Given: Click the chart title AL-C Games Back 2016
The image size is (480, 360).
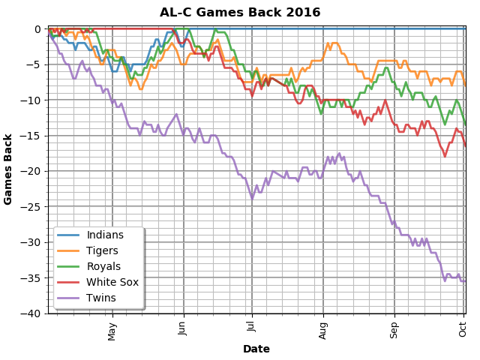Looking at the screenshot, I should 240,13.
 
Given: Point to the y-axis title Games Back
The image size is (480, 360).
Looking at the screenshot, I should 9,171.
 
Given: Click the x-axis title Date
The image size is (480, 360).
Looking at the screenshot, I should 256,349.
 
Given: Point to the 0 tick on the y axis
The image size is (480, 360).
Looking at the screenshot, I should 40,29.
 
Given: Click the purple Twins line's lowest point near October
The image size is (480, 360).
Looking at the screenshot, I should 445,280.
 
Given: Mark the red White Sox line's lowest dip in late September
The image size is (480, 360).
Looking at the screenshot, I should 445,156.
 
